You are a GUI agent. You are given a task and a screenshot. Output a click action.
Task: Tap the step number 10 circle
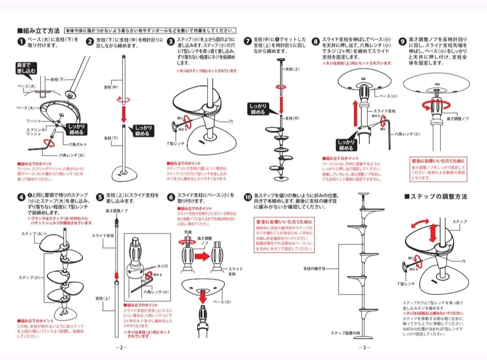[248, 197]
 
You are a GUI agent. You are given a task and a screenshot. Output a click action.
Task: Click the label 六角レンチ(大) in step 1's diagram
[72, 155]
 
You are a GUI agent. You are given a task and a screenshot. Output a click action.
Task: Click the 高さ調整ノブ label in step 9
[457, 118]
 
